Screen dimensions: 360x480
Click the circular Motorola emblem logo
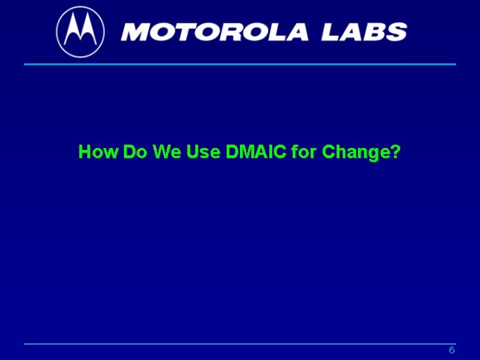[80, 31]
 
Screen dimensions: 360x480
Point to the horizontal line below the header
[240, 64]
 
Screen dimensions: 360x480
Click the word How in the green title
[99, 152]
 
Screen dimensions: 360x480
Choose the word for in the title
[304, 152]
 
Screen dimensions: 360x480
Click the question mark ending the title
[396, 152]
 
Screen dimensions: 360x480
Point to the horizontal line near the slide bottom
[240, 344]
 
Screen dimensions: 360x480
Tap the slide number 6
[451, 351]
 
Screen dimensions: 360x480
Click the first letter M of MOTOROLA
[137, 31]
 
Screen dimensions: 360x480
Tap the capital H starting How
[85, 152]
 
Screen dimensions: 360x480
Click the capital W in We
[161, 152]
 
